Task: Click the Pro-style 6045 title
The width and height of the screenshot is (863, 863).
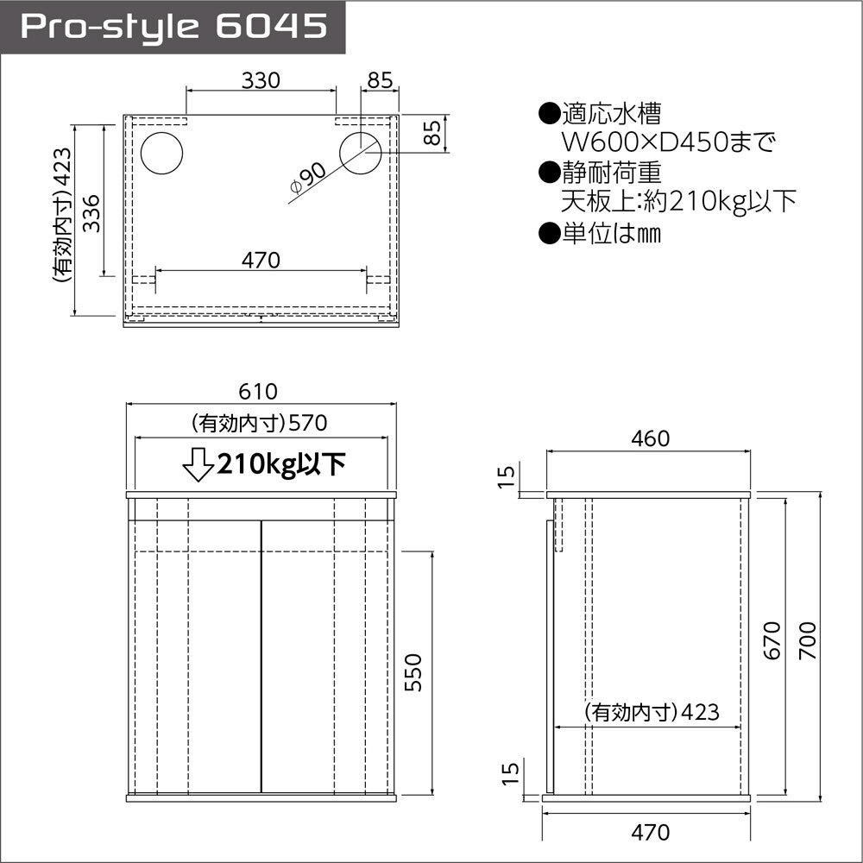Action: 173,26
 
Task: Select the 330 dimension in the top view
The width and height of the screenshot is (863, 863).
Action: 261,80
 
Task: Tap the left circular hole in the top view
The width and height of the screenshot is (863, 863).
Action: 161,154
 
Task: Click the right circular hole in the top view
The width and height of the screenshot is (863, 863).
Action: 361,154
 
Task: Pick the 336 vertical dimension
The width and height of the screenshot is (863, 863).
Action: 91,213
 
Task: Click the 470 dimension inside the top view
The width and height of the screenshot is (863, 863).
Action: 261,260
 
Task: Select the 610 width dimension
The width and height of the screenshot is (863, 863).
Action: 258,391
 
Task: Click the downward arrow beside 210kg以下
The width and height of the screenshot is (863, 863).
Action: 198,464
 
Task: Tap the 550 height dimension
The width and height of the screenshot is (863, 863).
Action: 413,672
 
